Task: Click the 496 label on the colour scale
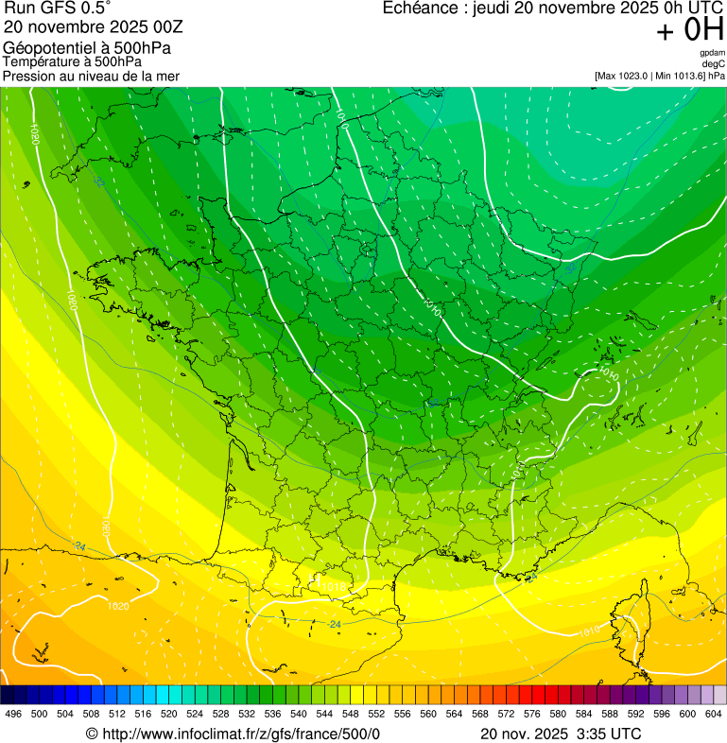coord(13,714)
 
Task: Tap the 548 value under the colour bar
coord(351,714)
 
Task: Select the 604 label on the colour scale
coord(714,714)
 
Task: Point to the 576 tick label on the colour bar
coord(532,714)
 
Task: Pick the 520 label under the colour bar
coord(169,714)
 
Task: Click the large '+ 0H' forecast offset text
coord(690,30)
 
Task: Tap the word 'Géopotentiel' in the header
coord(47,48)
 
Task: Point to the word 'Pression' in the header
coord(28,76)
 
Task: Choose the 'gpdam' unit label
coord(712,53)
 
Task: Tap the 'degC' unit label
coord(714,63)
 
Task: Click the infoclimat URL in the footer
coord(240,734)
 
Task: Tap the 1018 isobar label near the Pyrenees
coord(334,588)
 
